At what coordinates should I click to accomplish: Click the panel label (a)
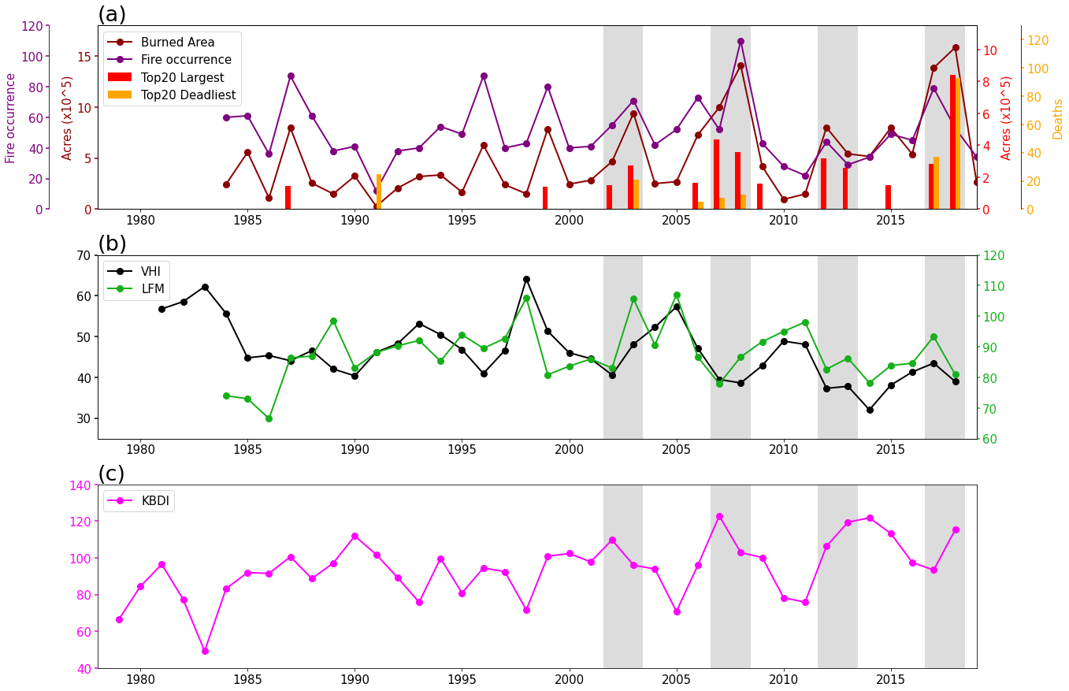tap(112, 14)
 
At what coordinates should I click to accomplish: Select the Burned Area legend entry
tap(177, 43)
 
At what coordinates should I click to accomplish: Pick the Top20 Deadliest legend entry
tap(187, 95)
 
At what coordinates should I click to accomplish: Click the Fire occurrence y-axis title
tap(10, 118)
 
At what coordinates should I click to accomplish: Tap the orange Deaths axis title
tap(1058, 119)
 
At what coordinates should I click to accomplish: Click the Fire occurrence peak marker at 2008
tap(741, 41)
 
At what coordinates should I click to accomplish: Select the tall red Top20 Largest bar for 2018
tap(952, 142)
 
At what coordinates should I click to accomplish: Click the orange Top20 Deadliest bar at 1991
tap(379, 191)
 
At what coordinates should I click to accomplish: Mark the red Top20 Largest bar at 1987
tap(288, 198)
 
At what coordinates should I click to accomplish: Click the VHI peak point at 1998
tap(526, 279)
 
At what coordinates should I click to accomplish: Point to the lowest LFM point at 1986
tap(269, 418)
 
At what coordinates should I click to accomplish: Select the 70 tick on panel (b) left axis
tap(83, 255)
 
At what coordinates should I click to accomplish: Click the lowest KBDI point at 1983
tap(205, 651)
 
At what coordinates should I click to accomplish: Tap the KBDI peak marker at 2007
tap(719, 516)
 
